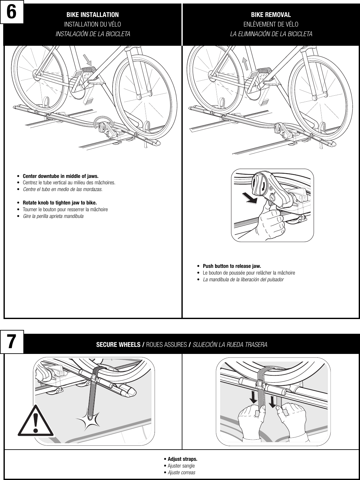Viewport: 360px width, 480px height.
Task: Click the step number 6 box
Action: tap(12, 13)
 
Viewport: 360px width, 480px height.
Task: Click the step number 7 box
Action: tap(12, 342)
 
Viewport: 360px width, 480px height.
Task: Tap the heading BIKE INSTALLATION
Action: tap(92, 15)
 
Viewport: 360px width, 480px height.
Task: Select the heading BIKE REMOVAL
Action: tap(271, 15)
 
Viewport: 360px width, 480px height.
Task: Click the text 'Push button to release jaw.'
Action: tap(232, 266)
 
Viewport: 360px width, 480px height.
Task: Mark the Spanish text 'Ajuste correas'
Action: tap(181, 473)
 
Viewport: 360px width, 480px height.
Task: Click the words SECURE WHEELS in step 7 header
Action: tap(119, 345)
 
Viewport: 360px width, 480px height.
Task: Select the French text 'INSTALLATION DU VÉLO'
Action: tap(92, 24)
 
